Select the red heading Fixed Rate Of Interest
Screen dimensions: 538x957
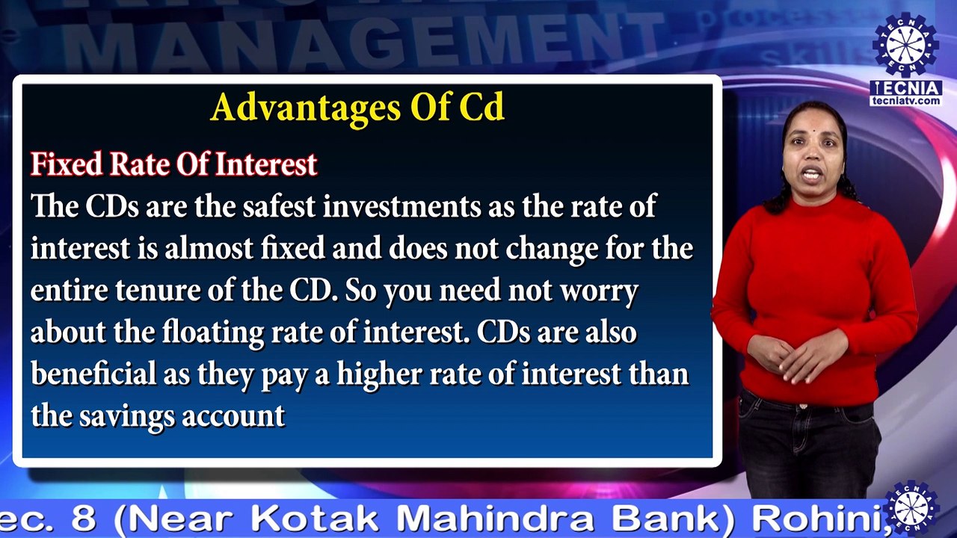(x=173, y=164)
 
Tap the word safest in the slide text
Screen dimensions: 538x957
(x=277, y=206)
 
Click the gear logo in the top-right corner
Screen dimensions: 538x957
(x=905, y=44)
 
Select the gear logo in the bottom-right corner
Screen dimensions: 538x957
(x=911, y=508)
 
